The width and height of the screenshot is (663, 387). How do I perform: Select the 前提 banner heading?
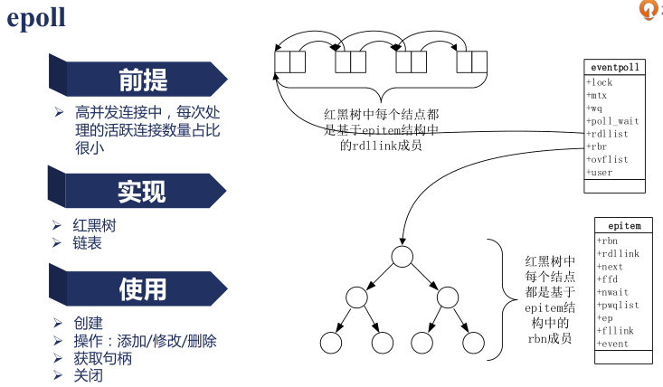[143, 80]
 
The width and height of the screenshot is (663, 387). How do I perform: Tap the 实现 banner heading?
[142, 191]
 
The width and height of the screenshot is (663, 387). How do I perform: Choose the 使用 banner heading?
[143, 288]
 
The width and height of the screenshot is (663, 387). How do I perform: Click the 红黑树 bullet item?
[94, 225]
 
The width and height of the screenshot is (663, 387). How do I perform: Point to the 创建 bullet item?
[88, 323]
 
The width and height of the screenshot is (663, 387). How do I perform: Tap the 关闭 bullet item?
[88, 375]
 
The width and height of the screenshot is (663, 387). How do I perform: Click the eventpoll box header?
[615, 68]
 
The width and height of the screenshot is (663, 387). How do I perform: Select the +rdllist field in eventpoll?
[608, 133]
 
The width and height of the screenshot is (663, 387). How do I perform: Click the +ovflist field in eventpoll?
[608, 158]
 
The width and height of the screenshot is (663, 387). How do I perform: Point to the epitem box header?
[624, 226]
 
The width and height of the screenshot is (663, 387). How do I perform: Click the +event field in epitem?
[613, 345]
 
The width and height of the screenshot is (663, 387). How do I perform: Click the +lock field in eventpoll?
[601, 82]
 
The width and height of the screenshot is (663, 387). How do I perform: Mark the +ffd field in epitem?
[608, 280]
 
